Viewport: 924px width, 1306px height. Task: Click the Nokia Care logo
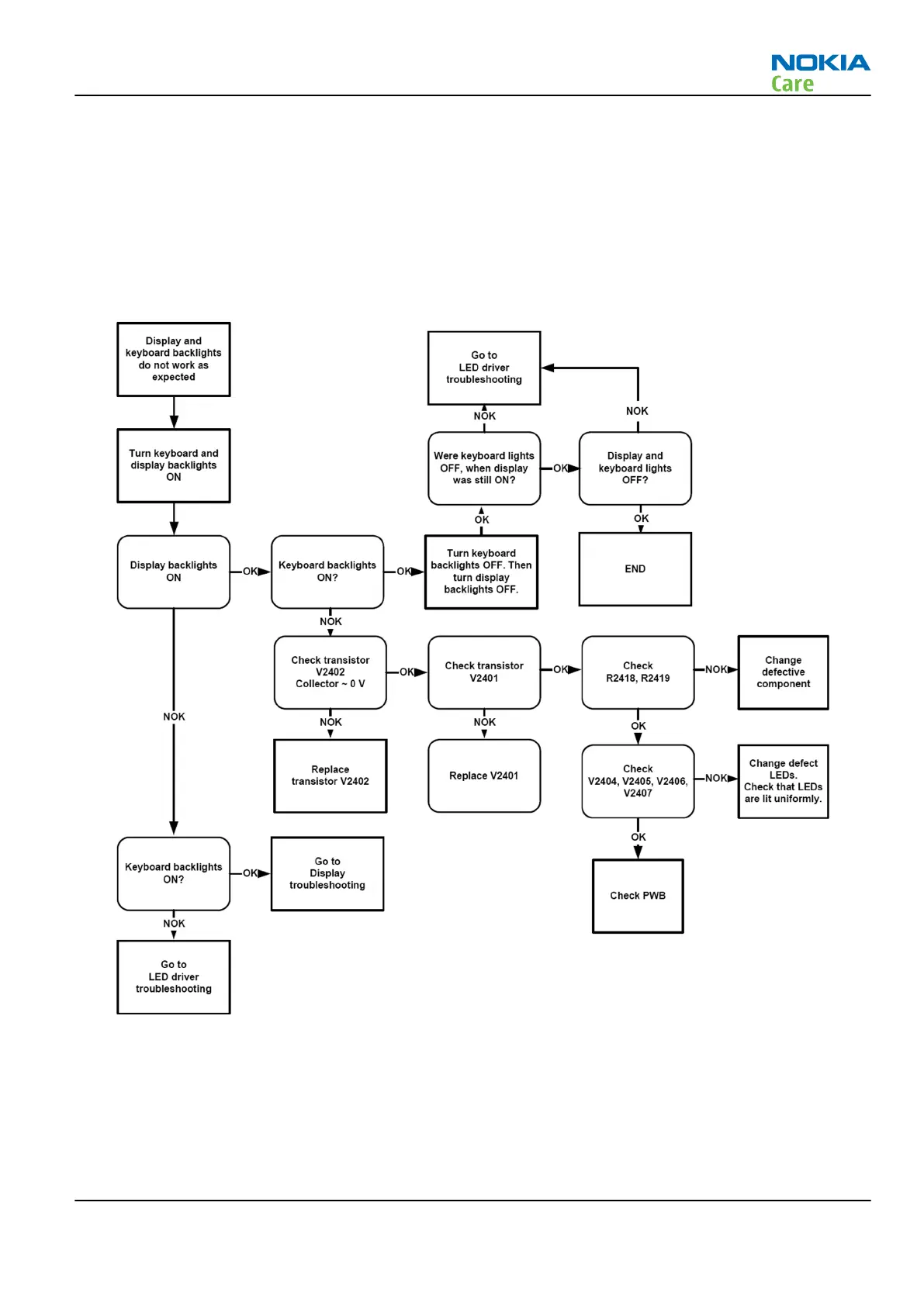pos(819,73)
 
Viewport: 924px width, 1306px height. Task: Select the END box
pos(635,568)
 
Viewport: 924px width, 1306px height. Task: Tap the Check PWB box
pos(637,895)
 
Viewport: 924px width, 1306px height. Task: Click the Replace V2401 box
pos(483,776)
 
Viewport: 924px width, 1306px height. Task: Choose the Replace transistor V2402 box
pos(330,776)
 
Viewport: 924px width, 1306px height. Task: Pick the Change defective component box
pos(783,672)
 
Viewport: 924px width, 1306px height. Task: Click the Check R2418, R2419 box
pos(637,672)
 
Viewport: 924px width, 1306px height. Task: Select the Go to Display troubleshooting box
pos(327,873)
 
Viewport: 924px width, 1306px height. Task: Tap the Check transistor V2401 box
pos(483,672)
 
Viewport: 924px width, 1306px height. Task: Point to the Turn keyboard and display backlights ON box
pos(173,465)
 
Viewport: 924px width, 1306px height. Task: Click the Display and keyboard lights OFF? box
pos(635,468)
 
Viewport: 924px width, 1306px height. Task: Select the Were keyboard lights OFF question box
pos(483,468)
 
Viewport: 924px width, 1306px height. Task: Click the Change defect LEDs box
pos(783,781)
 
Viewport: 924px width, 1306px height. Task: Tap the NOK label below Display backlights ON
pos(174,717)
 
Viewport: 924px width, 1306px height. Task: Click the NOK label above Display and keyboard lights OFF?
pos(637,411)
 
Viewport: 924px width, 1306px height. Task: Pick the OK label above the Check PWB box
pos(638,837)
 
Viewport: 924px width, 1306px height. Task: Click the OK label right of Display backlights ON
pos(250,572)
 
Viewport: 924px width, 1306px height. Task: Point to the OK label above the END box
pos(641,518)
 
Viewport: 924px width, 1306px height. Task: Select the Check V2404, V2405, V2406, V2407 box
pos(637,781)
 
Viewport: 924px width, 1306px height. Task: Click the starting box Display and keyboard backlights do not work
pos(173,359)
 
